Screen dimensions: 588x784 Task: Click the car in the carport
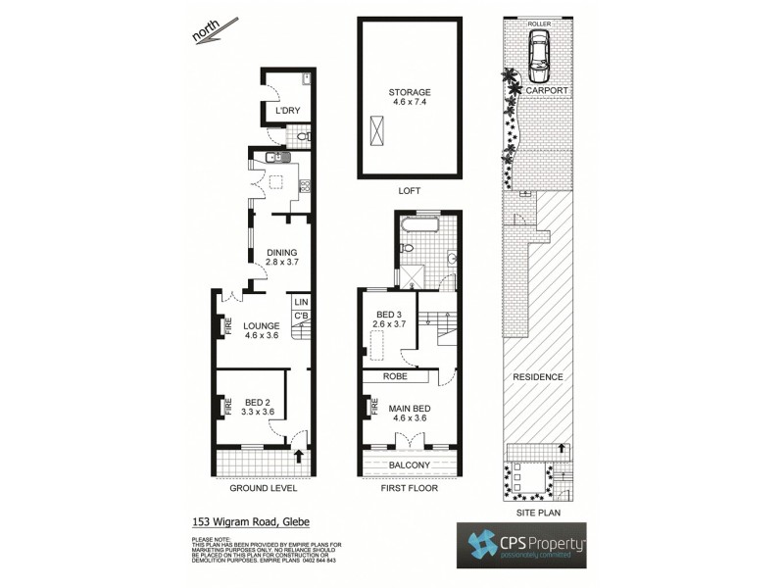pyautogui.click(x=538, y=57)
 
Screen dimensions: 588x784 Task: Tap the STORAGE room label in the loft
pyautogui.click(x=409, y=92)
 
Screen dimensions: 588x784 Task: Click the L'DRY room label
pyautogui.click(x=287, y=111)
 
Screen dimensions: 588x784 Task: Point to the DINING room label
pyautogui.click(x=281, y=253)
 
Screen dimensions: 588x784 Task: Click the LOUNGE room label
pyautogui.click(x=264, y=325)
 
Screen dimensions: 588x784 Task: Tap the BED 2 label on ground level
pyautogui.click(x=258, y=401)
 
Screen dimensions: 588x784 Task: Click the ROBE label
pyautogui.click(x=396, y=375)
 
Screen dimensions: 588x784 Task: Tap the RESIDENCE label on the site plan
pyautogui.click(x=537, y=377)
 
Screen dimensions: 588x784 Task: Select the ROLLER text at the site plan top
pyautogui.click(x=538, y=23)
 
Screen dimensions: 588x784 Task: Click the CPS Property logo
pyautogui.click(x=521, y=545)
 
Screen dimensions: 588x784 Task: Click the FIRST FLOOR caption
pyautogui.click(x=409, y=487)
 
